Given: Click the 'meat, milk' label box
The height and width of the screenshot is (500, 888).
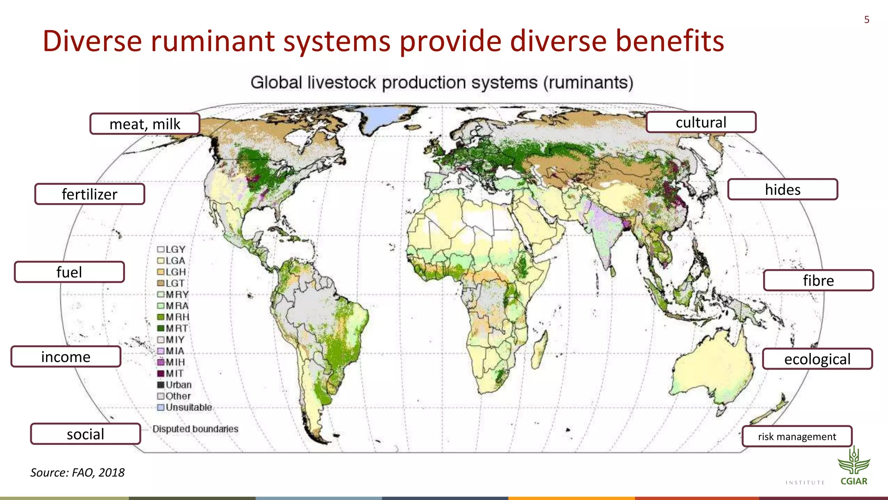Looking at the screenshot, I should click(145, 124).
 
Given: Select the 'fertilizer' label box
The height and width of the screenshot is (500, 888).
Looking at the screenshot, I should click(90, 194).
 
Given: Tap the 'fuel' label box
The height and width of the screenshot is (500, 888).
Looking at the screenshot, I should click(69, 272).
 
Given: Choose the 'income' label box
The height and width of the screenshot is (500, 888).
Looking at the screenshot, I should click(66, 357).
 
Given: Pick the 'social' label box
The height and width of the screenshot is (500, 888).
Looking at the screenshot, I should click(85, 434).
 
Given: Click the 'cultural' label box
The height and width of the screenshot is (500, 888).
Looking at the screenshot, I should click(701, 122).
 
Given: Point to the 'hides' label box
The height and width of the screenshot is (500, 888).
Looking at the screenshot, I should click(783, 190).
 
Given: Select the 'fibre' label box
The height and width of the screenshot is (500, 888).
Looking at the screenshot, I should click(818, 280).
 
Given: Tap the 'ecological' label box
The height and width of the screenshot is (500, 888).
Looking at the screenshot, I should click(817, 359).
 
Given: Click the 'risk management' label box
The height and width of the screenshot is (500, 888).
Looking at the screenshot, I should click(797, 437).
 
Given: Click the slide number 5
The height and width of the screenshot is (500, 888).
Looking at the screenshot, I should click(867, 20).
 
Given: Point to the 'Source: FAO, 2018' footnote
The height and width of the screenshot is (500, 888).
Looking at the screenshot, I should click(77, 472).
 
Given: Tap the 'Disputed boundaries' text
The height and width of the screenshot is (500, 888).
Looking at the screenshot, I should click(195, 429).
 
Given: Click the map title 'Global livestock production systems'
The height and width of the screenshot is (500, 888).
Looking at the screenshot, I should click(441, 82).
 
